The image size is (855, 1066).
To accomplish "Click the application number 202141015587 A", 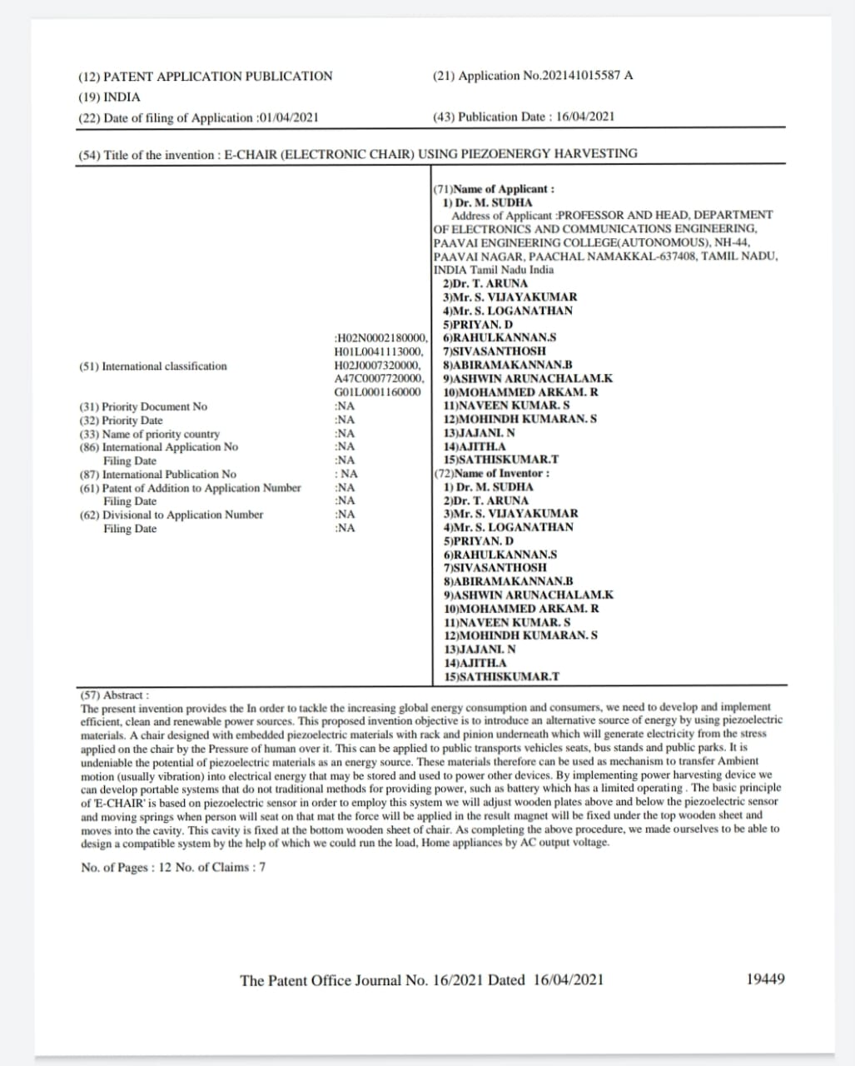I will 587,76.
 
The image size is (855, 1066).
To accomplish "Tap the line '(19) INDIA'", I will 109,97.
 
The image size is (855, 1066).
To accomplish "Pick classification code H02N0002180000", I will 381,338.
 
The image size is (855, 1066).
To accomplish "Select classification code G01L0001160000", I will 377,392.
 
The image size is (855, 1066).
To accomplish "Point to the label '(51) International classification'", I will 152,366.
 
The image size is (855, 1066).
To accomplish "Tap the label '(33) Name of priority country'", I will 149,434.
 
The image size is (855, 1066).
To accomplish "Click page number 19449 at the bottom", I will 765,979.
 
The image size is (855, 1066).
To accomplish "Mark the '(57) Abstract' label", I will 115,694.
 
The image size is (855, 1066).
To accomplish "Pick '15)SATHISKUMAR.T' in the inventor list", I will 501,677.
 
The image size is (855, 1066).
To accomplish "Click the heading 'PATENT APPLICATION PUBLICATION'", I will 216,77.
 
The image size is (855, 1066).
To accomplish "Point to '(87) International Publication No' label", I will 157,474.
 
